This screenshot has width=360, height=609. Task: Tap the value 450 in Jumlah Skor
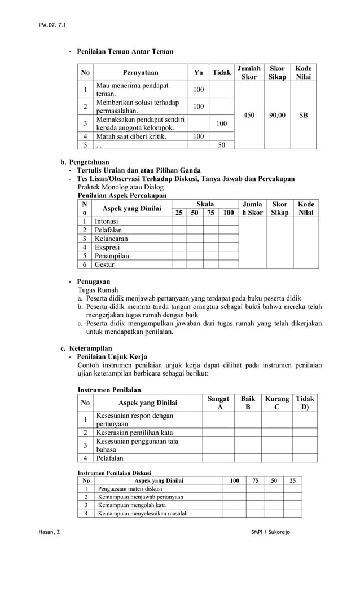coord(248,115)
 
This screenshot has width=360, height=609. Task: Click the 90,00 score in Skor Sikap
coord(276,115)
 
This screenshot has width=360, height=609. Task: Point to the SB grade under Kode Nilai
coord(304,115)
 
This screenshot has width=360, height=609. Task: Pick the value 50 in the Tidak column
coord(222,145)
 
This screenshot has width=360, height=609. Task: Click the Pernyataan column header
coord(141,73)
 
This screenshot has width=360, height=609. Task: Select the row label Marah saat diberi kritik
coord(131,136)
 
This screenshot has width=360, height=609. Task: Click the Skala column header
coord(205,204)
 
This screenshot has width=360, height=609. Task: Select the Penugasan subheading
coord(94,281)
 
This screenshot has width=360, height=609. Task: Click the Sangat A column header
coord(218,403)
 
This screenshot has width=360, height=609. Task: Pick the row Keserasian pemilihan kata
coord(134,433)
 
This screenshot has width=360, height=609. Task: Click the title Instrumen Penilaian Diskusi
coord(114,473)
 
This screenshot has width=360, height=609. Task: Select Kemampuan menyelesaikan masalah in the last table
coord(143,513)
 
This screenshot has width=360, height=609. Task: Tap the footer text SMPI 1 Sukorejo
coord(271,533)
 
